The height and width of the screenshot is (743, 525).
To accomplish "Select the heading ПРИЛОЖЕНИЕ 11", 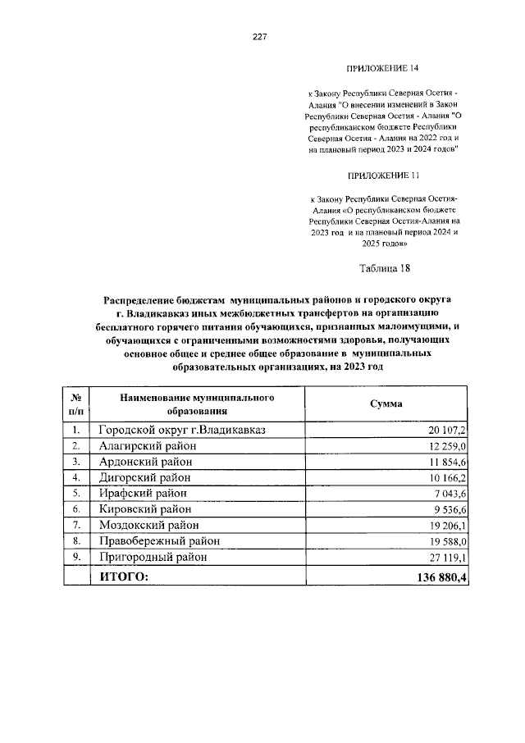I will pos(383,175).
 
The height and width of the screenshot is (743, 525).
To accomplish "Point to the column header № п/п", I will pos(75,403).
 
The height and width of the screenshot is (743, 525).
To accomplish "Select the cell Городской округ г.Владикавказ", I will pos(183,430).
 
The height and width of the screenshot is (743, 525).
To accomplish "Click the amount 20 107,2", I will pos(446,431).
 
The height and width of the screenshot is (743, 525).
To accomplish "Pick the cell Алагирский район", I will pos(146,445).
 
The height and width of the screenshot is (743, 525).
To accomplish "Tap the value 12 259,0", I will pos(446,446).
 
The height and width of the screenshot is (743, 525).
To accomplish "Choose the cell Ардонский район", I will pos(145,462).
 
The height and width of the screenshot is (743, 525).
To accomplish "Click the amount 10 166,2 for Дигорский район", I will pos(446,477).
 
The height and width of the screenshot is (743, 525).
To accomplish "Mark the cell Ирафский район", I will pos(143,493).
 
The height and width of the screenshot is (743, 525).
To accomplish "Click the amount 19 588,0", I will pos(446,541).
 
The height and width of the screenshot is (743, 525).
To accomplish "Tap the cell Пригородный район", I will pos(152,557).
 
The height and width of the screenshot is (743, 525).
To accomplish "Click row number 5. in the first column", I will pos(75,494).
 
